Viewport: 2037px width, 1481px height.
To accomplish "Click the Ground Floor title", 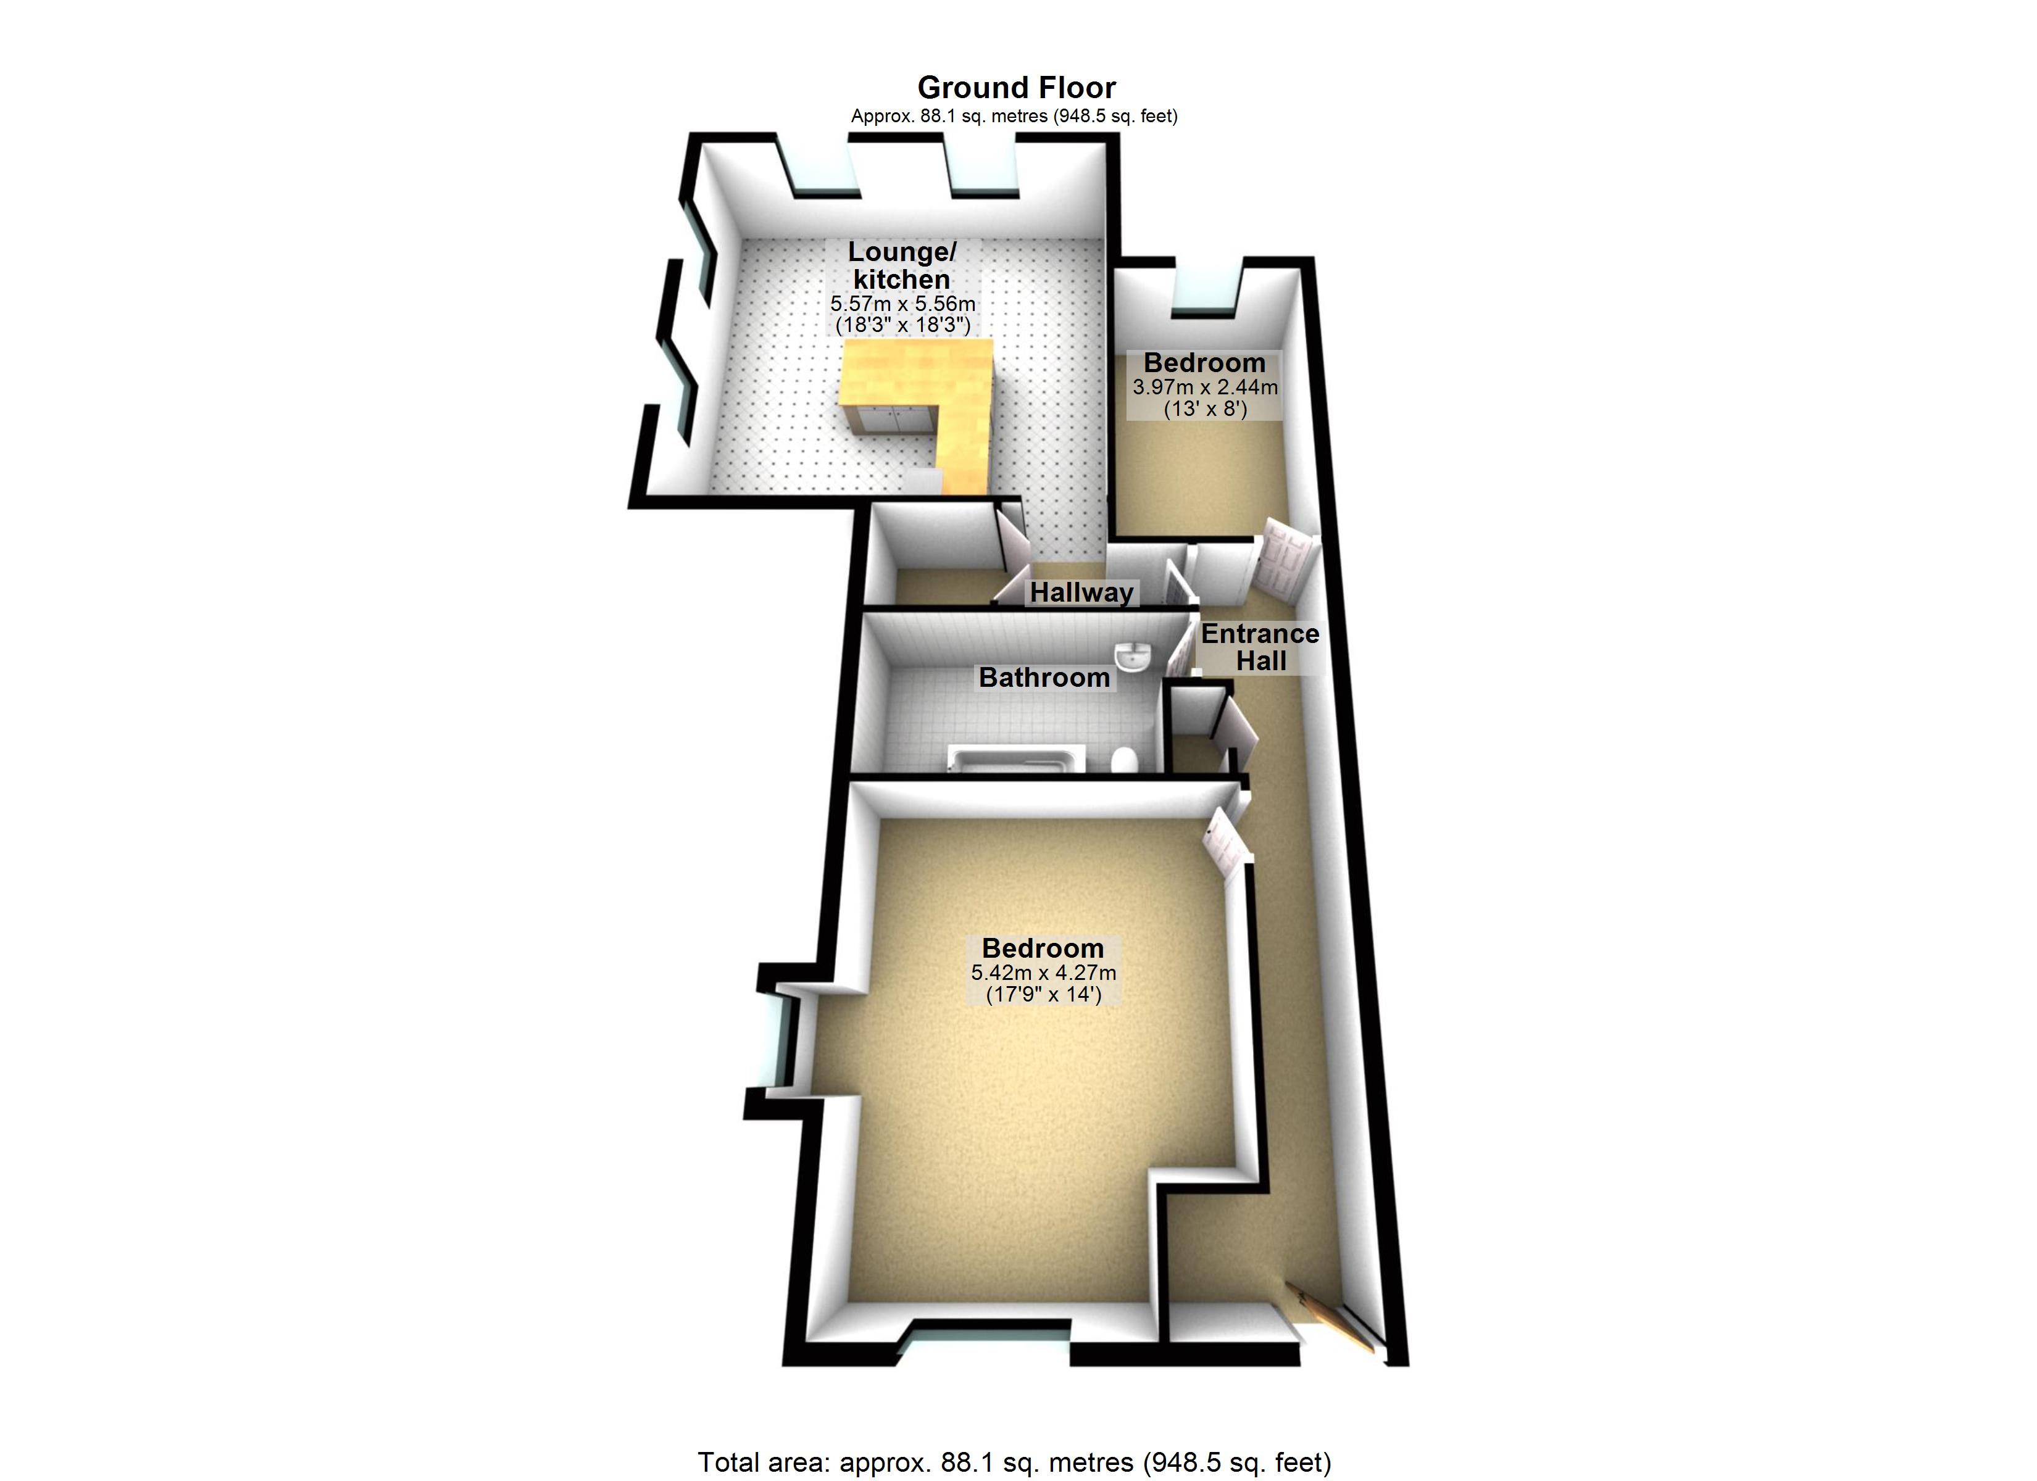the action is [1016, 87].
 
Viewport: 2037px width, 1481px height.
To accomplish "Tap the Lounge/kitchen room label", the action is [902, 265].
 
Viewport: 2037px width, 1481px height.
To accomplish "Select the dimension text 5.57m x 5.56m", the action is [902, 304].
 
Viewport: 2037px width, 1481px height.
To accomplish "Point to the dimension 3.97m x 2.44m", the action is [1204, 387].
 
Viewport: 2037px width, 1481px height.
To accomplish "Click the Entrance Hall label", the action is [1260, 647].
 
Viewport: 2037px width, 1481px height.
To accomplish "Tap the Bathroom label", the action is [1044, 676].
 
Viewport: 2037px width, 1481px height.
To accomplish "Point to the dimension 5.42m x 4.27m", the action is [1043, 973].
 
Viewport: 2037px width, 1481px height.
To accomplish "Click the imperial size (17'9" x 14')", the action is [1043, 994].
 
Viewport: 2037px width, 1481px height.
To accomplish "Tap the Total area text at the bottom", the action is [1015, 1462].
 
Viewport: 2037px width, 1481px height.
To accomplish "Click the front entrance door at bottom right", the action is [1334, 1319].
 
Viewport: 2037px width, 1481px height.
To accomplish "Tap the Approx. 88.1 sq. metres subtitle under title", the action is [1014, 116].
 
